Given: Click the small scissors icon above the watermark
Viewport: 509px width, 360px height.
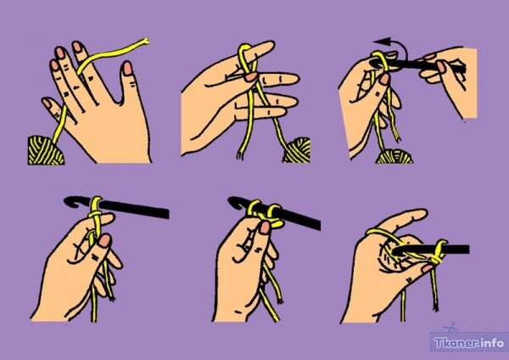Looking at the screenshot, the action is coord(450,327).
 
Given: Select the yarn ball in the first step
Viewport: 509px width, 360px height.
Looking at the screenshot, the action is coord(46,151).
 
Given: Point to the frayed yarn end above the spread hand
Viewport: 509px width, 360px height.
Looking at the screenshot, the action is coord(145,41).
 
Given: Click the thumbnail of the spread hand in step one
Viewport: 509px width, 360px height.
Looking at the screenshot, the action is coord(128,68).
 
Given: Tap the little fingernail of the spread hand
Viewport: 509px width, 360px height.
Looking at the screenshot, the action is coord(47,103).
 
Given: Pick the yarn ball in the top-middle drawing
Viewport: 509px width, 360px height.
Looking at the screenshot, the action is coord(298,150).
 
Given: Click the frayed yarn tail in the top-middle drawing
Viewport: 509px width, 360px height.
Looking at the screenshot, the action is coord(240,155).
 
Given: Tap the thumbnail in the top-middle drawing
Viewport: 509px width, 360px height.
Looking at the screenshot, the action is coord(250,77).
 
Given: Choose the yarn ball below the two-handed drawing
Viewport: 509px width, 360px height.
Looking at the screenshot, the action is coord(394,156).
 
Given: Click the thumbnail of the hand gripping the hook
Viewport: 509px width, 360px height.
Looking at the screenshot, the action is coord(441,67).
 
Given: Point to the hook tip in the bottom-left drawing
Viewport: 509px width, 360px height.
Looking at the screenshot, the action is coord(68,201).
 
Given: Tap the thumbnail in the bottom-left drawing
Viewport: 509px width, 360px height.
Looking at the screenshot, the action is coord(105,241).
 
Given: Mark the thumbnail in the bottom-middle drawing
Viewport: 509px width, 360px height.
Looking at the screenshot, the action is coord(265,228).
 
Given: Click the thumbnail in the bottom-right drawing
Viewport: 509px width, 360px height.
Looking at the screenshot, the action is coord(428,268).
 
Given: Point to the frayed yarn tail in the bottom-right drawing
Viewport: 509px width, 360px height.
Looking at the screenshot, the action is coord(435,306).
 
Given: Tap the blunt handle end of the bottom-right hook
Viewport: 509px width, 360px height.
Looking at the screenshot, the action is coord(467,250).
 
